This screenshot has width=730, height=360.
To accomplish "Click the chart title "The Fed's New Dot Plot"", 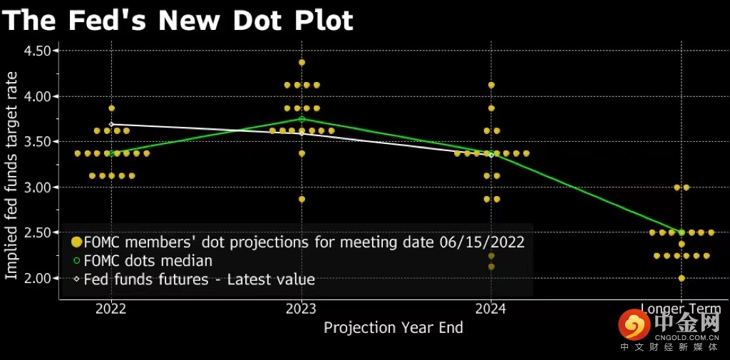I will coord(178,21).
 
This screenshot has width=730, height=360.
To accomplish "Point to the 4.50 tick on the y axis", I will coord(37,51).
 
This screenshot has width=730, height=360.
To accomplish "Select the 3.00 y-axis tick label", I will coord(37,187).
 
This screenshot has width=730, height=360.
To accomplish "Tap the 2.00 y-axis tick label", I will coord(37,278).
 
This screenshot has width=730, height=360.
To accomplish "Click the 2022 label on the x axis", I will coord(110,309).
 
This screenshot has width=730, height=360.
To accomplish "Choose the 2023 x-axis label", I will coord(302,309).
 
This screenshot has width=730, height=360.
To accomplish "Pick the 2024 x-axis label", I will coord(491,309).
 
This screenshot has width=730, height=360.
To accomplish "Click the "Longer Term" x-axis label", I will coord(681,309).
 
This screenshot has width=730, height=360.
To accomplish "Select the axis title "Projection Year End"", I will coord(394,328).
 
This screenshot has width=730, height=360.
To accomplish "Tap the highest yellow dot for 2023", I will coord(302,63).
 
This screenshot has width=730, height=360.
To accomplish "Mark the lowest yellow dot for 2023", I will coord(302,199).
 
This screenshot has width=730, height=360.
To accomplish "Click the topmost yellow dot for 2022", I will coord(111,108).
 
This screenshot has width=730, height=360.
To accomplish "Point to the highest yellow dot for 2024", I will coord(491,85).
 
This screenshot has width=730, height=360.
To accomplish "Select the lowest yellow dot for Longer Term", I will coord(682,278).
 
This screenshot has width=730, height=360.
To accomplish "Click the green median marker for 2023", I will coord(302,119).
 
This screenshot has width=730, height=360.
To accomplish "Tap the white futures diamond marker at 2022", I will coord(111,124).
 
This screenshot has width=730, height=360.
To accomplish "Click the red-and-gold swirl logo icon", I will coord(634,326).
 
